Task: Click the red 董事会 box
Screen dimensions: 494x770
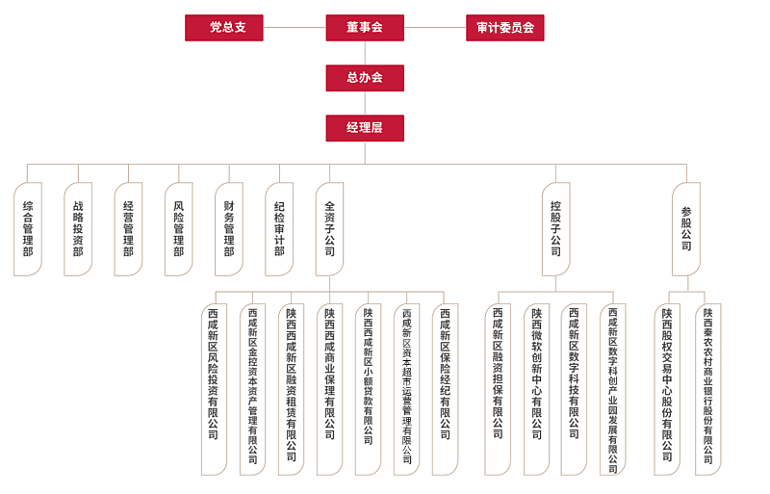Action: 364,28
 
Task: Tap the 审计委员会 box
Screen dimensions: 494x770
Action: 504,28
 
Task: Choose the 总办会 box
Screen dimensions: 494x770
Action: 364,78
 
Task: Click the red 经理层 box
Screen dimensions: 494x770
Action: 364,128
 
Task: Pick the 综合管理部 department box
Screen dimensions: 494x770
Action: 28,229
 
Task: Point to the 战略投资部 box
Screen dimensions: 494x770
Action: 78,229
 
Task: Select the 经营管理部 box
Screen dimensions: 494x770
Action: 128,229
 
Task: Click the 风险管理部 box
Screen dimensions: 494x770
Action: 179,229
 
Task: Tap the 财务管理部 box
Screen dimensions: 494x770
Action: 229,229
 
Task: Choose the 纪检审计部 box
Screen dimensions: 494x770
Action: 279,229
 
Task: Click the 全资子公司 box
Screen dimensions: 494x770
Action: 329,229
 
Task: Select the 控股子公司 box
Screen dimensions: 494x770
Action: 555,229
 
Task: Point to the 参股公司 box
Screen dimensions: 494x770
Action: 686,229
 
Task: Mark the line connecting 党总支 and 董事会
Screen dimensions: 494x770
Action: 294,28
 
